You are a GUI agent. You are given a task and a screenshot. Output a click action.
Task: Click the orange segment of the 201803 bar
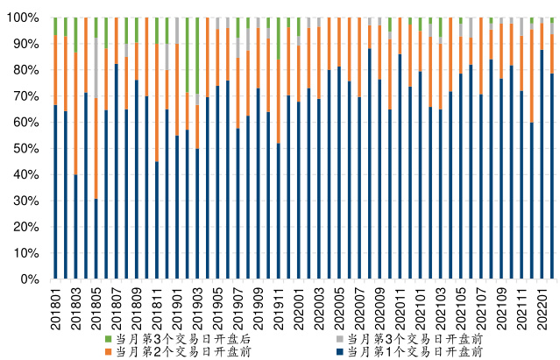[x=75, y=113]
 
